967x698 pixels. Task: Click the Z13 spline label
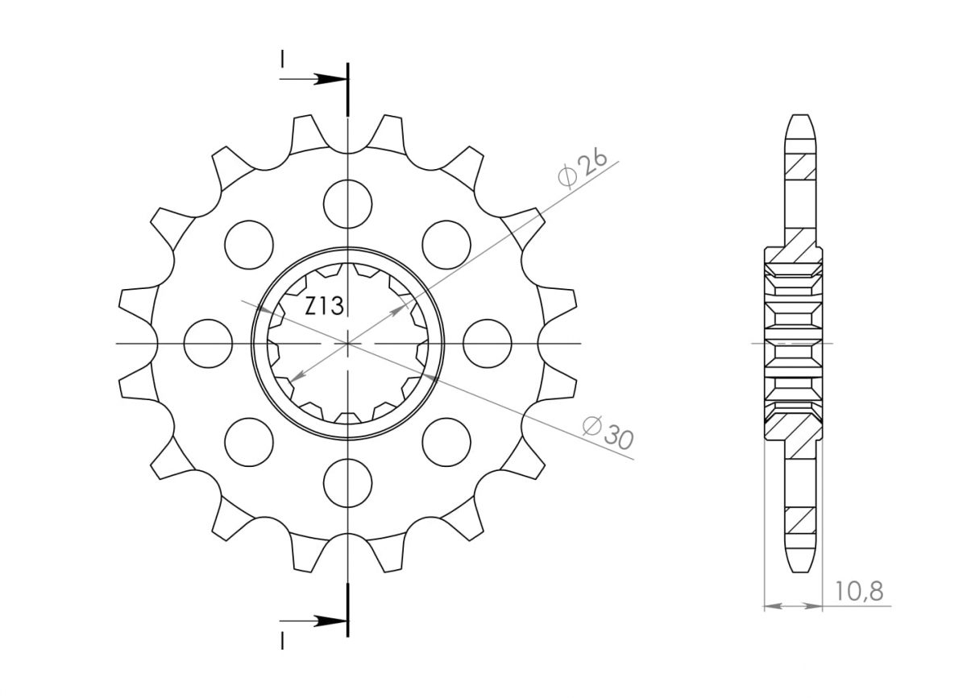324,306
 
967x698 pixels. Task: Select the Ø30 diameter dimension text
608,432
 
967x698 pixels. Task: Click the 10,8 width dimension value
859,591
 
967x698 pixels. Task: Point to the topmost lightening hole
347,204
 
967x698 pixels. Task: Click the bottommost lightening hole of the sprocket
347,483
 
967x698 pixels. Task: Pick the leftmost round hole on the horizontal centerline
208,344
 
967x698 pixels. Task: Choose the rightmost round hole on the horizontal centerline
488,344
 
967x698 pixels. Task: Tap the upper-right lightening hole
446,245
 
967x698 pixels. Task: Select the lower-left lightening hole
249,442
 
